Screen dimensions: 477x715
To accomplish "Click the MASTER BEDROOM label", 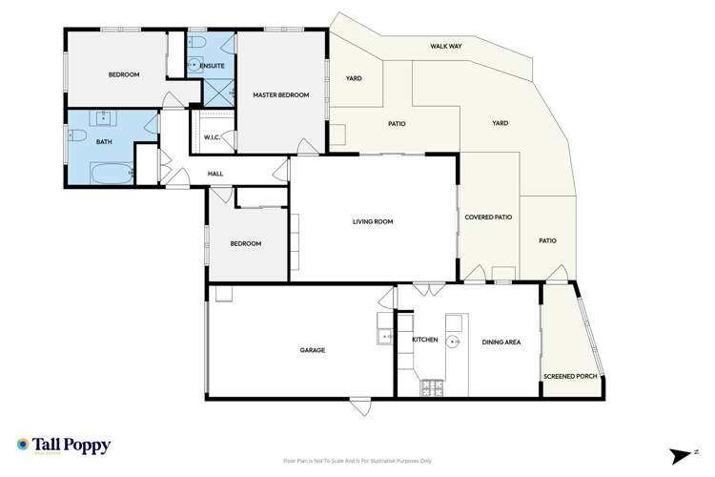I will point(280,95).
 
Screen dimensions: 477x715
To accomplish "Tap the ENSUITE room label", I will point(212,66).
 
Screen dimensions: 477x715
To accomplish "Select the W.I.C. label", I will point(213,138).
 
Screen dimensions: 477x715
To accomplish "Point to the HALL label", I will point(215,174).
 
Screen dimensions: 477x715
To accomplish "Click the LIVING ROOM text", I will point(373,222).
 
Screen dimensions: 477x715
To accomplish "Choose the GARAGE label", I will point(313,350).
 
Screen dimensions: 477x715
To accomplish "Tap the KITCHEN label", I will point(424,341).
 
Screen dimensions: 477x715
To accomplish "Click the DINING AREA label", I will point(500,342).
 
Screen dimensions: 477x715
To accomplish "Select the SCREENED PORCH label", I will point(570,376).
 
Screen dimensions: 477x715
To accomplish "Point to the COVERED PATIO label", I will point(488,218).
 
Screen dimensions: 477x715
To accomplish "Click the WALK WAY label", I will point(445,45).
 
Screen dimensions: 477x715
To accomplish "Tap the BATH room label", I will point(104,143).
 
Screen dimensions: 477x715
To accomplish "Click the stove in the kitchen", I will point(434,387).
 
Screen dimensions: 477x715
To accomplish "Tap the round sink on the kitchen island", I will point(456,341).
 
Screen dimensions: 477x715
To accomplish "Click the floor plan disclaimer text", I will point(357,462).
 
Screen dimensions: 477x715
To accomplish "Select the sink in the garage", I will point(386,335).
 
